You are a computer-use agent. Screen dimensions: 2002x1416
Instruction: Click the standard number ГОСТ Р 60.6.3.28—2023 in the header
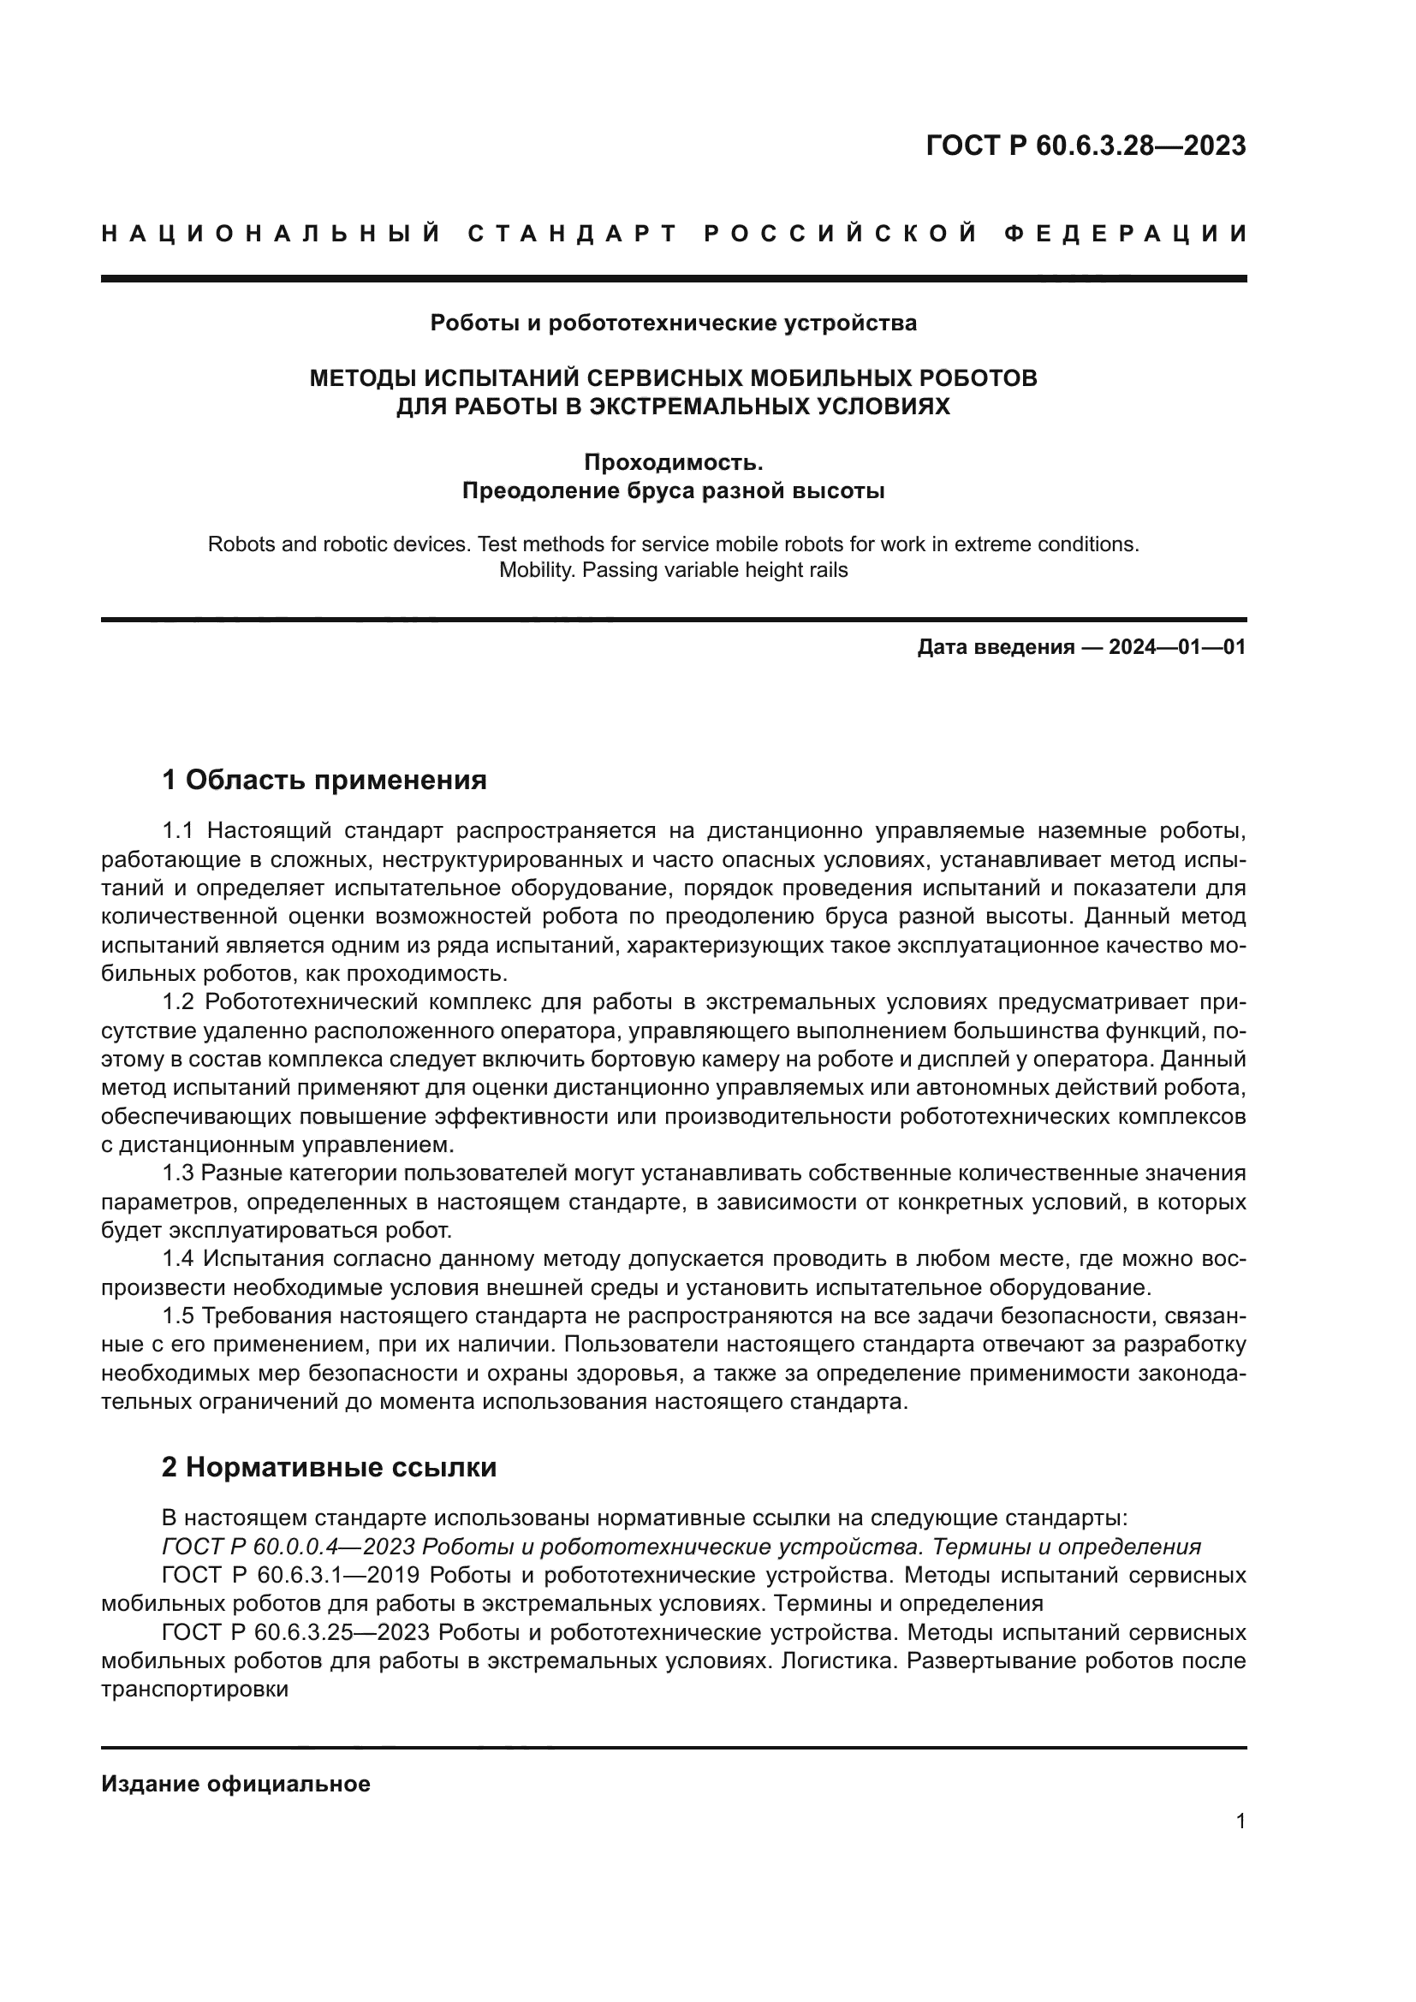1086,146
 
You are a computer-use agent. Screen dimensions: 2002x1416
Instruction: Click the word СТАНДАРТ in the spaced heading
572,234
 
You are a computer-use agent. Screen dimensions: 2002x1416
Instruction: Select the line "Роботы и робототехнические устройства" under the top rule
673,324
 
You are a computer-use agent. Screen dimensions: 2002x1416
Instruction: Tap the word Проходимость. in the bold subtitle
673,461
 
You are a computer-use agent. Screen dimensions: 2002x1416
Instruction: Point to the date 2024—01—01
1176,647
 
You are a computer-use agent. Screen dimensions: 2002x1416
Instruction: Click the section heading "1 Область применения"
324,780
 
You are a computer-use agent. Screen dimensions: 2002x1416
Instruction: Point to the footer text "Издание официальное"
235,1784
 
